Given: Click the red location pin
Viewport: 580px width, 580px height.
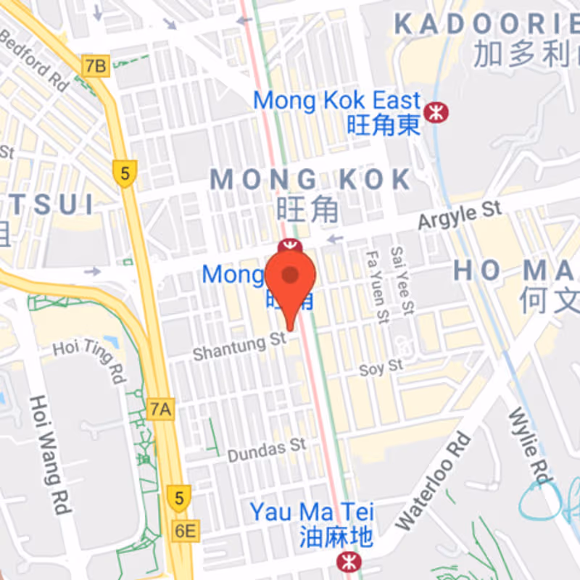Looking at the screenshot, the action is (290, 280).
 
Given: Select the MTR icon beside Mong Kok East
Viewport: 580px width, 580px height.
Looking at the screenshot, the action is (436, 112).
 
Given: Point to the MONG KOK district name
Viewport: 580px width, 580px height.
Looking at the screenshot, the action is (310, 180).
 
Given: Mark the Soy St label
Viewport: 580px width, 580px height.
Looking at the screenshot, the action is (381, 368).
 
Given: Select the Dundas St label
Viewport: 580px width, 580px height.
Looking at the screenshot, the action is (267, 450).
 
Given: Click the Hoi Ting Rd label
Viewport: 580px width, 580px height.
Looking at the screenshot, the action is (90, 357).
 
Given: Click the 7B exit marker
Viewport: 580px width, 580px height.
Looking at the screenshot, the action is (95, 67).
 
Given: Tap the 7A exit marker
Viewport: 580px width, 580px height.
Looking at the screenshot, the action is (160, 410).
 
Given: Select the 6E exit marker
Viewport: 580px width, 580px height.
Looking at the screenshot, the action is (185, 531).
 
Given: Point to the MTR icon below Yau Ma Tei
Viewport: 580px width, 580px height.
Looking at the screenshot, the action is (349, 560).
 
